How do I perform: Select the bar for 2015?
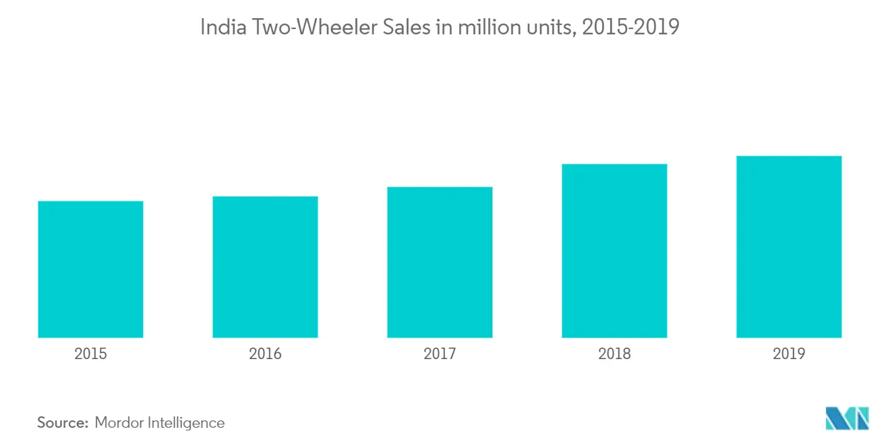(90, 269)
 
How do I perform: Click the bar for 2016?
(265, 267)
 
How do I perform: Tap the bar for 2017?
(440, 262)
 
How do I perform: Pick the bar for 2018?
(614, 251)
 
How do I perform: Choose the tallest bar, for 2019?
(789, 247)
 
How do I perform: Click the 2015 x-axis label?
(90, 354)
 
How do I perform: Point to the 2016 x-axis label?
(265, 354)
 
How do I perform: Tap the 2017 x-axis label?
(440, 354)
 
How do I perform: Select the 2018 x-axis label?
(614, 354)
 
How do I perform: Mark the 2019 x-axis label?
(789, 354)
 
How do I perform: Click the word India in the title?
(223, 27)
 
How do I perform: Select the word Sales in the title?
(407, 27)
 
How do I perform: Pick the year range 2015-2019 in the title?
(630, 27)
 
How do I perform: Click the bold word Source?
(63, 422)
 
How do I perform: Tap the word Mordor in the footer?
(119, 422)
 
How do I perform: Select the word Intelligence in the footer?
(186, 423)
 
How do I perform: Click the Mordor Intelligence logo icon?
(847, 418)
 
